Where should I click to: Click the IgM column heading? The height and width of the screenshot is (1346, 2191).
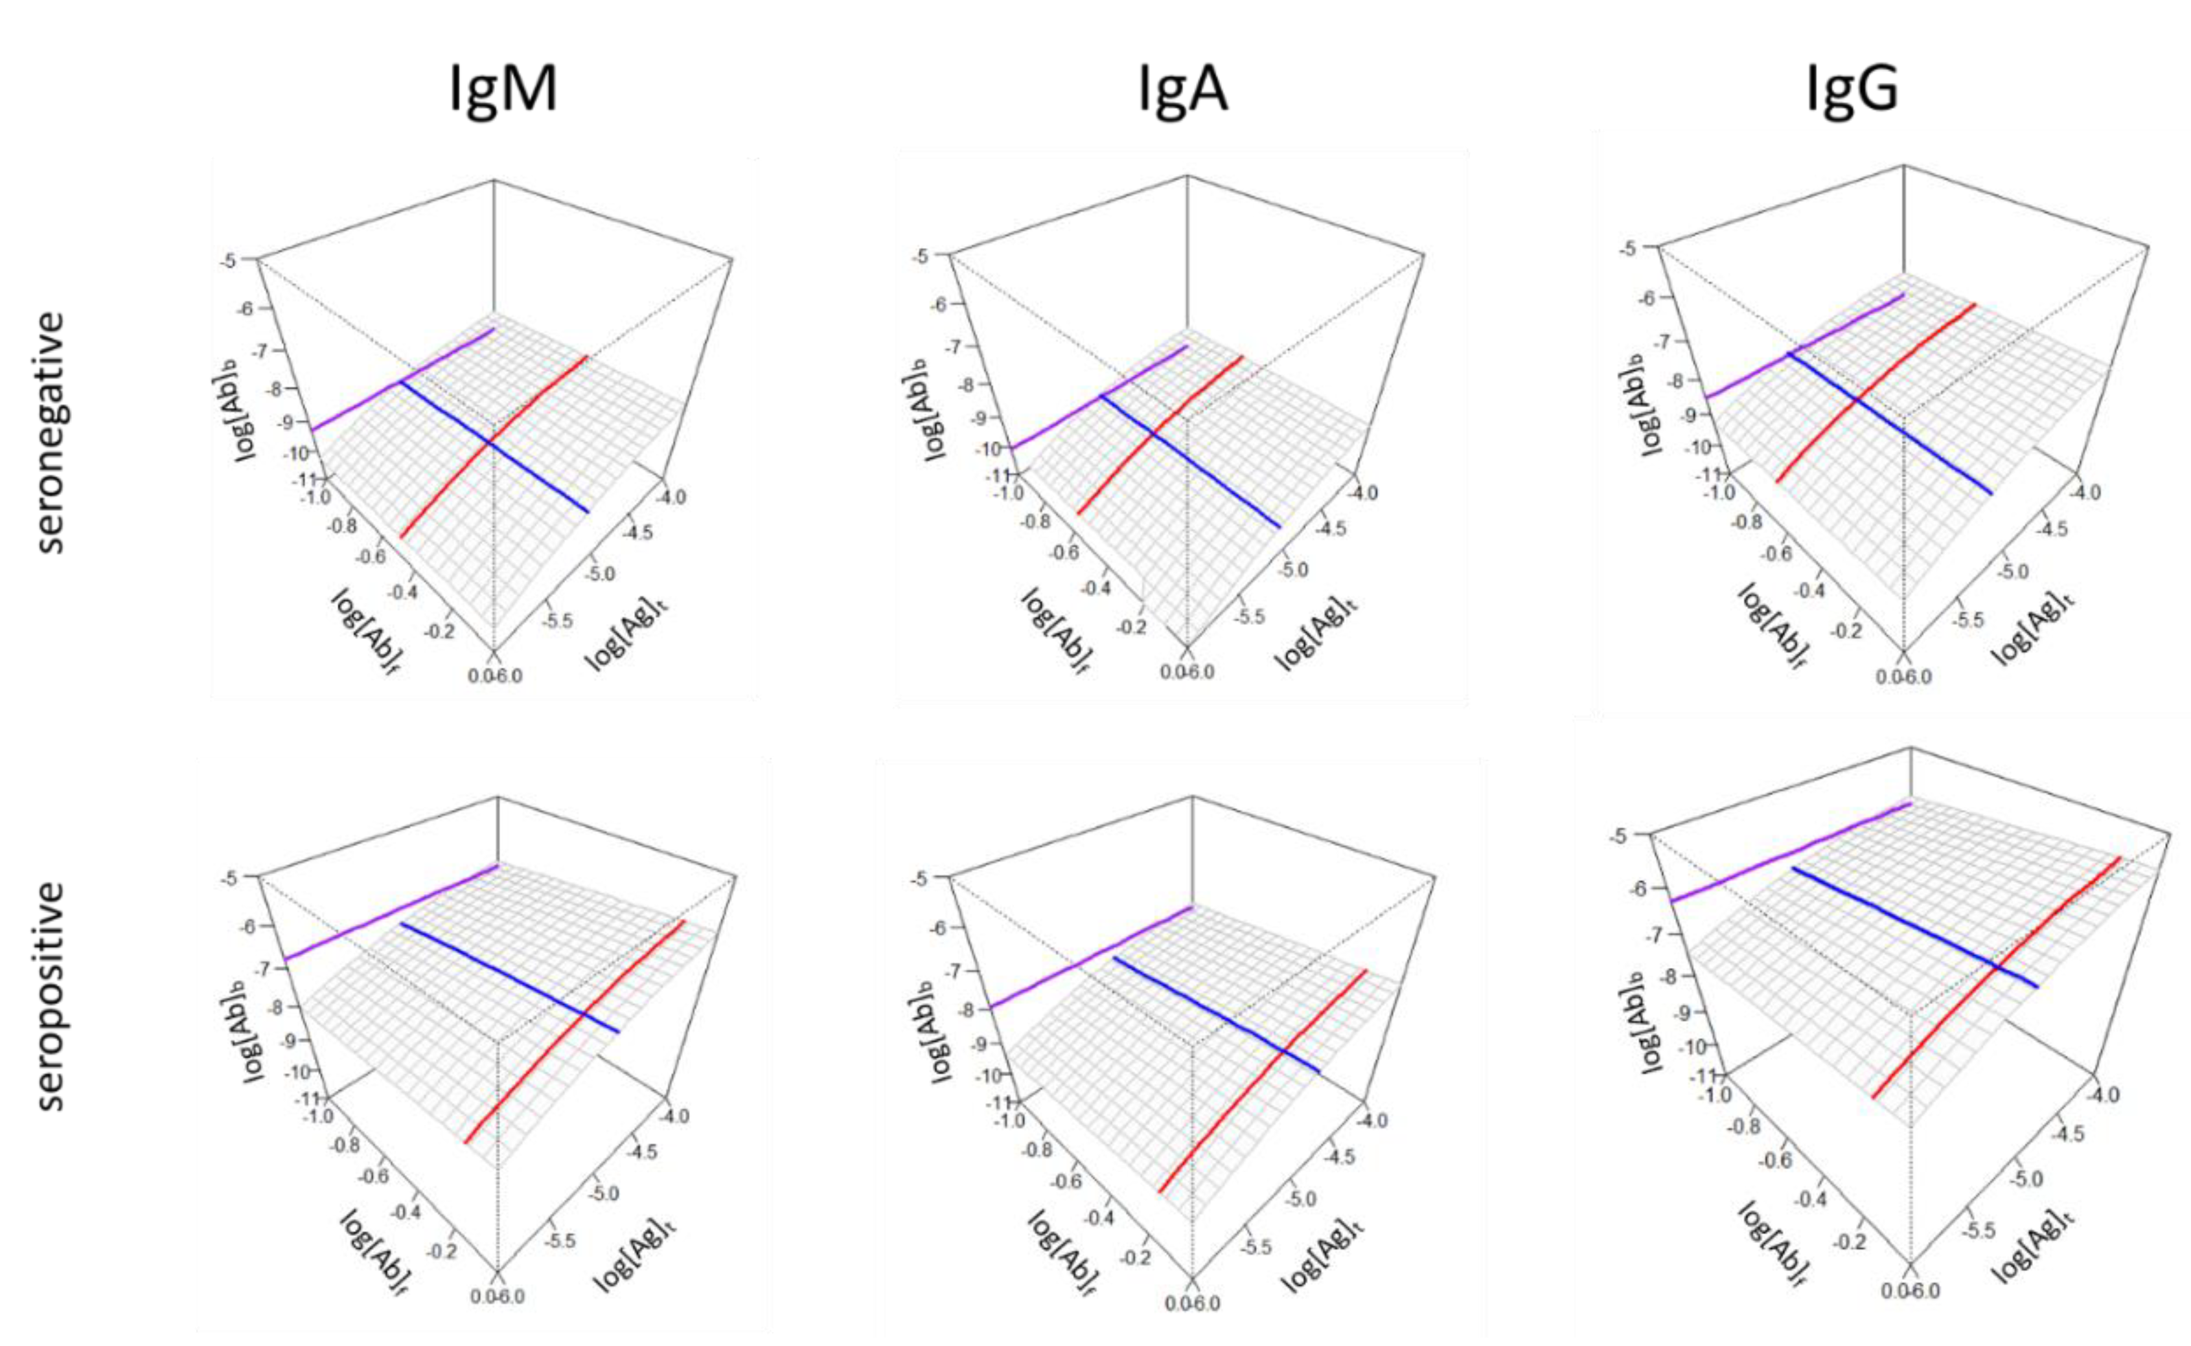pos(503,90)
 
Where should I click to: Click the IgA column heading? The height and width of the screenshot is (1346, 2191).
pos(1183,90)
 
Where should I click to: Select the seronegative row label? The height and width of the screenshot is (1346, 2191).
pos(51,432)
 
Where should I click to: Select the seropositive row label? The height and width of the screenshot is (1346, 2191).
pos(51,995)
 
